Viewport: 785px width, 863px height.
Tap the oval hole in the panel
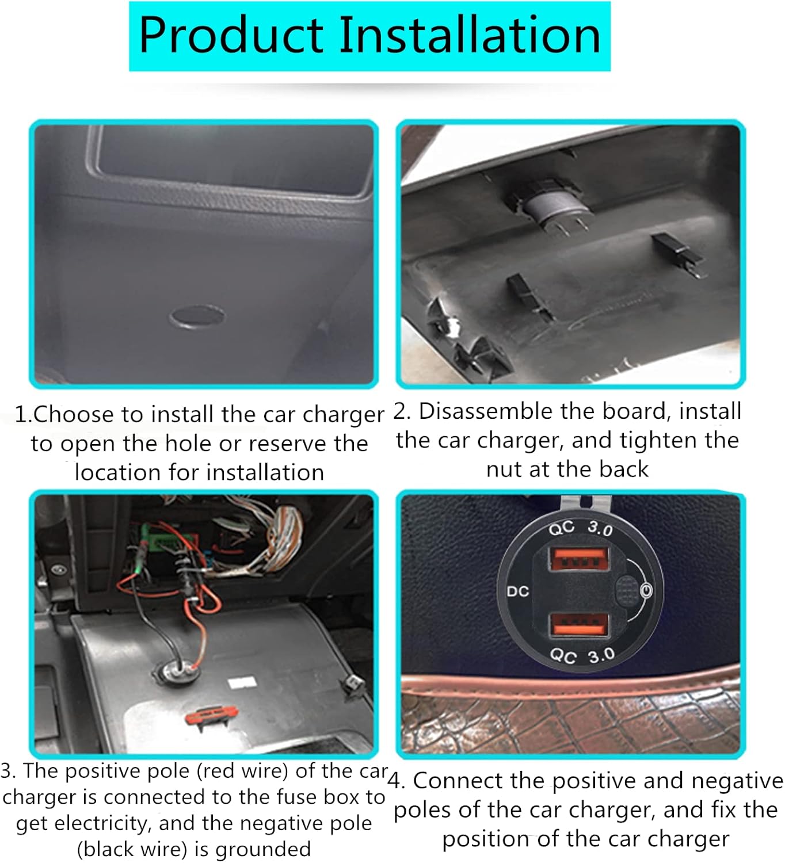point(197,316)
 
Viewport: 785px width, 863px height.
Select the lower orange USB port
point(580,625)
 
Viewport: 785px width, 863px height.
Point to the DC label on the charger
point(518,591)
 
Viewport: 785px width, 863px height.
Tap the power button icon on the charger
point(646,590)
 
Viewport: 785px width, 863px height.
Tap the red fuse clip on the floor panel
point(211,716)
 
